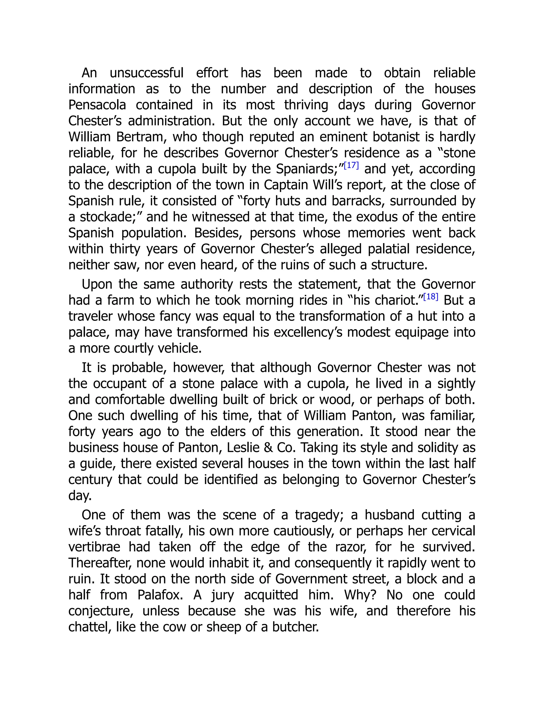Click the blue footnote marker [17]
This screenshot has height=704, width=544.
click(351, 166)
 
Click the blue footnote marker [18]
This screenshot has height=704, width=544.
click(431, 297)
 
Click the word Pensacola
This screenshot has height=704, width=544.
click(97, 105)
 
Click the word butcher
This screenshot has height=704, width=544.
click(295, 627)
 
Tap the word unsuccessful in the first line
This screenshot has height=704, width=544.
click(147, 73)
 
